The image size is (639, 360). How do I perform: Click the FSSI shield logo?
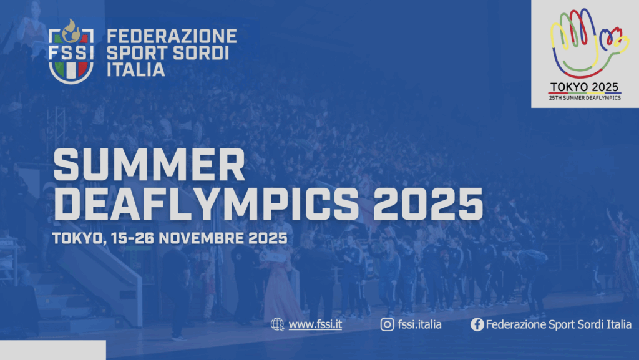(x=71, y=52)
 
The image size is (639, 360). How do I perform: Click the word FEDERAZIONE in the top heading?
(x=172, y=36)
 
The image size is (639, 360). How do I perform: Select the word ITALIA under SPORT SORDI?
(x=135, y=70)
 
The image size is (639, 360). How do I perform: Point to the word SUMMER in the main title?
(x=149, y=165)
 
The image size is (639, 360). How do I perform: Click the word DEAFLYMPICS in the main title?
(x=206, y=204)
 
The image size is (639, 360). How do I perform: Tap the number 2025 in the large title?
(x=428, y=204)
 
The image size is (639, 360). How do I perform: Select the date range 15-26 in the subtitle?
(x=132, y=238)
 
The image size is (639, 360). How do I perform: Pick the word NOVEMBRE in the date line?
(x=202, y=238)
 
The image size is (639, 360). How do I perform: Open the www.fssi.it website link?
(x=315, y=324)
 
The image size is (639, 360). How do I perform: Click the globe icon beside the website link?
(x=278, y=324)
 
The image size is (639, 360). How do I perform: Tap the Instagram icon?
(x=387, y=324)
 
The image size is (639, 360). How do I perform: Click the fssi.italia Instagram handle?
(x=419, y=324)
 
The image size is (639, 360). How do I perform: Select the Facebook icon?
(x=477, y=324)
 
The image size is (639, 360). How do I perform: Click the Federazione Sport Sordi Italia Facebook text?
(x=559, y=324)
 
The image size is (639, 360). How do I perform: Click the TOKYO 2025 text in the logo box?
(x=584, y=87)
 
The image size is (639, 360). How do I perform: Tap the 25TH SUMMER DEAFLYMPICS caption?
(x=585, y=98)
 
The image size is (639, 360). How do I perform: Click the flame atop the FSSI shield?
(x=71, y=31)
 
